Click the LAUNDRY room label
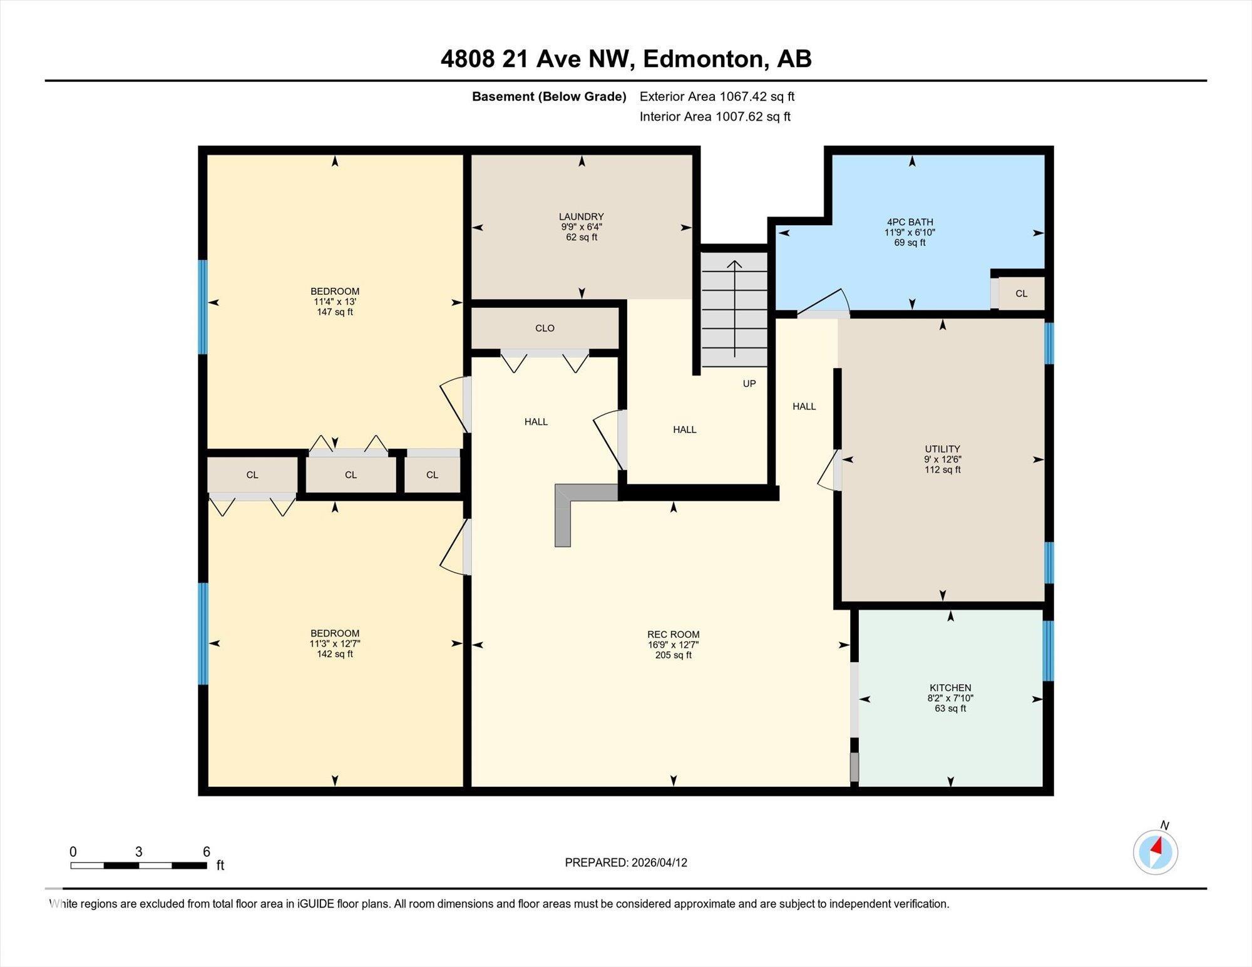coord(581,217)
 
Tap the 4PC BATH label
coord(910,222)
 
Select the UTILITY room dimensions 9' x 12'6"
coord(942,459)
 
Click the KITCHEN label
coord(950,687)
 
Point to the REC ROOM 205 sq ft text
coord(673,655)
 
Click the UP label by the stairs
coord(749,384)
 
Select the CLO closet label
coord(545,328)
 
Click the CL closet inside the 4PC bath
coord(1021,294)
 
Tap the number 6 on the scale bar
coord(206,851)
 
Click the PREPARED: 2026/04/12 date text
coord(625,862)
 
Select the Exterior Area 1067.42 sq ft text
coord(717,96)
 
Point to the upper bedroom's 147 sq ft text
coord(334,312)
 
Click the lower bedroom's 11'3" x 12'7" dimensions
coord(334,643)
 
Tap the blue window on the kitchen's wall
coord(1049,650)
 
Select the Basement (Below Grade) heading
coord(549,96)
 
